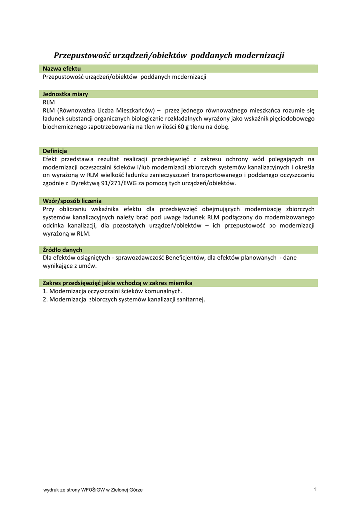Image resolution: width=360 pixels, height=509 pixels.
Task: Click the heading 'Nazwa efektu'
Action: pos(62,68)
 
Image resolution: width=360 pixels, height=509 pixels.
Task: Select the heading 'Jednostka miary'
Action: pos(65,94)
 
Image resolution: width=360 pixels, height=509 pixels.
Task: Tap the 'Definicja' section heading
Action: pos(55,151)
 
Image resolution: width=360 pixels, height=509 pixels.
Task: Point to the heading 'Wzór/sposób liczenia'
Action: pos(72,201)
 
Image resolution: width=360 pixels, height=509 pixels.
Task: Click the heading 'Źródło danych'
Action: pos(62,250)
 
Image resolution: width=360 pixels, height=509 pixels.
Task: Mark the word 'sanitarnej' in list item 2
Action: pos(189,299)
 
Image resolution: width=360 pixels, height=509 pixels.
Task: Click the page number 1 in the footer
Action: pos(315,490)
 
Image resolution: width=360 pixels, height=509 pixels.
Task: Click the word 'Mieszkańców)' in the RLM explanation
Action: pos(133,110)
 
